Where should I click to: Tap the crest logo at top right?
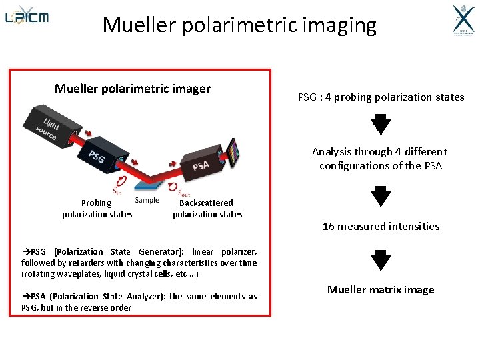[463, 21]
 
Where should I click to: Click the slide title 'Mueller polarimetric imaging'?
[239, 25]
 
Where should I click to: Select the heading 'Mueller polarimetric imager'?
[133, 89]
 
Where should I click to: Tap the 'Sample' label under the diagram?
[147, 199]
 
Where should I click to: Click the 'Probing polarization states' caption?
[97, 209]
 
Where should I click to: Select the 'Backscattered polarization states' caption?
[207, 209]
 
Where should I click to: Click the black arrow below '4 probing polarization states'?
[381, 125]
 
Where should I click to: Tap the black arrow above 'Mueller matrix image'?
[381, 259]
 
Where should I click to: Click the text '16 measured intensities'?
[381, 226]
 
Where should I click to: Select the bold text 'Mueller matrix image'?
[381, 289]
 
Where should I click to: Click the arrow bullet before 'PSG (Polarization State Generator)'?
[26, 252]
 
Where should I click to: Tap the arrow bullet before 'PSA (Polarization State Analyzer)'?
[26, 297]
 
